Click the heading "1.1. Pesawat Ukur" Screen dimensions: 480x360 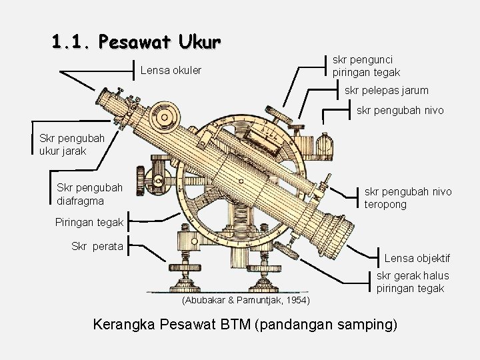click(x=136, y=43)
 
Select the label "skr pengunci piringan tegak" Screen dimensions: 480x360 click(x=366, y=65)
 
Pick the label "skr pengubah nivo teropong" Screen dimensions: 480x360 click(x=407, y=198)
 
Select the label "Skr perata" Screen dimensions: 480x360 click(x=97, y=246)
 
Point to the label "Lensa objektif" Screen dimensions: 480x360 click(x=417, y=258)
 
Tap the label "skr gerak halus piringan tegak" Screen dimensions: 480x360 click(x=413, y=282)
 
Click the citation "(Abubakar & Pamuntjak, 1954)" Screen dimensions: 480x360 click(x=245, y=301)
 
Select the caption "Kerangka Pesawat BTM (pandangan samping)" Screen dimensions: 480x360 click(x=246, y=325)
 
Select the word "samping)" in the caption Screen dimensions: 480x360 click(x=371, y=325)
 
